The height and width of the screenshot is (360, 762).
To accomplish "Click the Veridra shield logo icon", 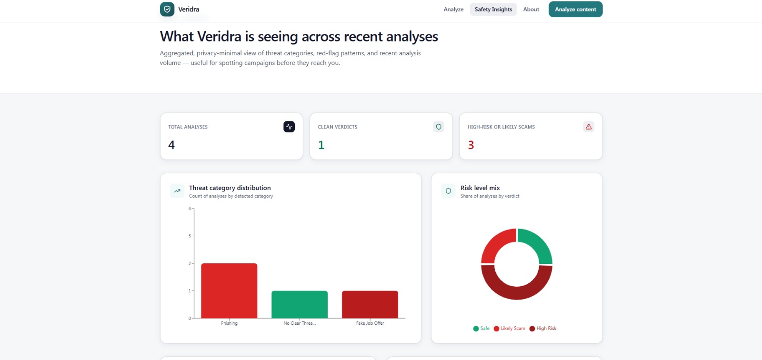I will tap(167, 10).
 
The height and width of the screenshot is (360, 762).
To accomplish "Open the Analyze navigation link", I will tap(453, 10).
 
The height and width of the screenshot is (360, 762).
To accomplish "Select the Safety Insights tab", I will tap(493, 10).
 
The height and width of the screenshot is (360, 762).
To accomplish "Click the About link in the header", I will tap(531, 10).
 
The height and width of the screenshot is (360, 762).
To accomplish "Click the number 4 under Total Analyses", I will tap(171, 145).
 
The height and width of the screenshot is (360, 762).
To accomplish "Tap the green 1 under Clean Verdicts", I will tap(321, 145).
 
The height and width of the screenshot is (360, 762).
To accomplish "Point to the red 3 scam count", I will tap(471, 145).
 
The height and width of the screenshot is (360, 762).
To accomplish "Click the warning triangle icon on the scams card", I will tap(589, 127).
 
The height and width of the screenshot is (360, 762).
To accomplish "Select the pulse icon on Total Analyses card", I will tap(289, 127).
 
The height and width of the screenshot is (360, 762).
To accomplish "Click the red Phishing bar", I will tap(229, 290).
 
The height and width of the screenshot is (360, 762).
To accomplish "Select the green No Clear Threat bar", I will tap(300, 305).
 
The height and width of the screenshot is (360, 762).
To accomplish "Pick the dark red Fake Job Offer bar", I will tap(370, 305).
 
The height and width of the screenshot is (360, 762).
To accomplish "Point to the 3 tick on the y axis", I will tap(190, 236).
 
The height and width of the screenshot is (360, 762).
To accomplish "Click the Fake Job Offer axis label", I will tap(370, 323).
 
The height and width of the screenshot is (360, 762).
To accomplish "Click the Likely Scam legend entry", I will tap(510, 329).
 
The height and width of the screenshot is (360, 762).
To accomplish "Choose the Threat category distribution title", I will tap(230, 188).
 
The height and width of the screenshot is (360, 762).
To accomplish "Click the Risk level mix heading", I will tap(480, 188).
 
